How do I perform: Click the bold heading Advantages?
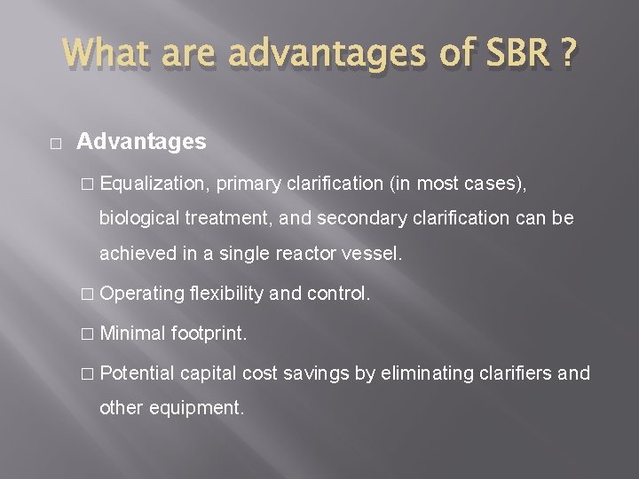141,141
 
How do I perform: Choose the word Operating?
142,293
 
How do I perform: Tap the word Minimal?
134,333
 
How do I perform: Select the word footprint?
209,333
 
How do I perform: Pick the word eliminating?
430,373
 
